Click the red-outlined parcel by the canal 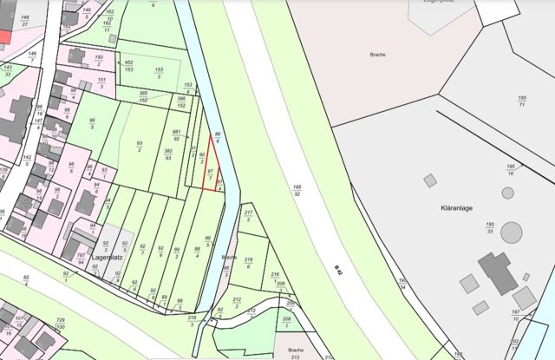coord(210,169)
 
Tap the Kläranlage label coord(447,209)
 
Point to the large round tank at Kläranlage coord(512,232)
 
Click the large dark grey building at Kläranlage coord(498,272)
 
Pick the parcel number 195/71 coord(523,101)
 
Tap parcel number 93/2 coord(139,147)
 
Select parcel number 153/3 coord(158,73)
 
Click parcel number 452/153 coord(128,66)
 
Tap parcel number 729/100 coord(61,324)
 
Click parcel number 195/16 coord(511,169)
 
